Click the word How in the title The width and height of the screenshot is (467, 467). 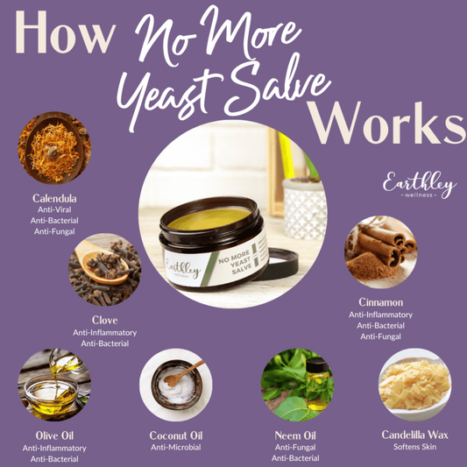coord(65,32)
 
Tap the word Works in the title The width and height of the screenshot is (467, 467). coord(386,123)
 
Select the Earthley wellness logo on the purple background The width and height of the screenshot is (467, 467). coord(420,185)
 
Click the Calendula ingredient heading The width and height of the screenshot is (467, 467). coord(54,198)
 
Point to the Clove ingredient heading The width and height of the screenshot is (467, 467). coord(105,320)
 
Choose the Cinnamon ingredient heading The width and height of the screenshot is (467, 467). coord(380,302)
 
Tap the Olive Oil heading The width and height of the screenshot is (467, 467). coord(54,435)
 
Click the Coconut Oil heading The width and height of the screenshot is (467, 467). coord(176,435)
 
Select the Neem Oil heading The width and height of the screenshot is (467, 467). coord(295,435)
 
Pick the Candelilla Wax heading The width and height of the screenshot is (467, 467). coord(415,435)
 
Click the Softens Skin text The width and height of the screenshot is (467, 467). coord(415,447)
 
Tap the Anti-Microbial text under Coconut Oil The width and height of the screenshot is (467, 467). coord(176,448)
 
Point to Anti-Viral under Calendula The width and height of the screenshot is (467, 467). coord(54,209)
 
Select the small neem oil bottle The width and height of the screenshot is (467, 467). coord(318,384)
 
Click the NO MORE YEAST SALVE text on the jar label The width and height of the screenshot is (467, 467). coord(237,261)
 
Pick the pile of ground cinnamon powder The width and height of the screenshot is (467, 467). coord(370,265)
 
